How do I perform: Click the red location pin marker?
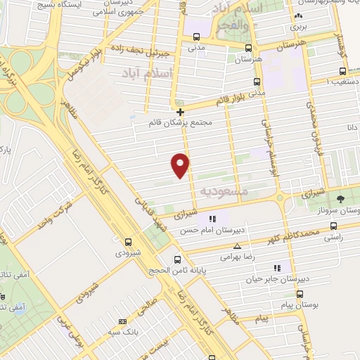pyautogui.click(x=181, y=165)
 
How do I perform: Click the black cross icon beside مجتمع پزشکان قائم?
pyautogui.click(x=181, y=112)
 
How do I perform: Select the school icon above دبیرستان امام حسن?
pyautogui.click(x=212, y=219)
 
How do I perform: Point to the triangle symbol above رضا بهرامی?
pyautogui.click(x=237, y=246)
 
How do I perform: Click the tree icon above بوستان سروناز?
pyautogui.click(x=340, y=199)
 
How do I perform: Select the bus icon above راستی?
pyautogui.click(x=333, y=226)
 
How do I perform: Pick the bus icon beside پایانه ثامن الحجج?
pyautogui.click(x=178, y=258)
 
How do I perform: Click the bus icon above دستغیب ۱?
pyautogui.click(x=342, y=71)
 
